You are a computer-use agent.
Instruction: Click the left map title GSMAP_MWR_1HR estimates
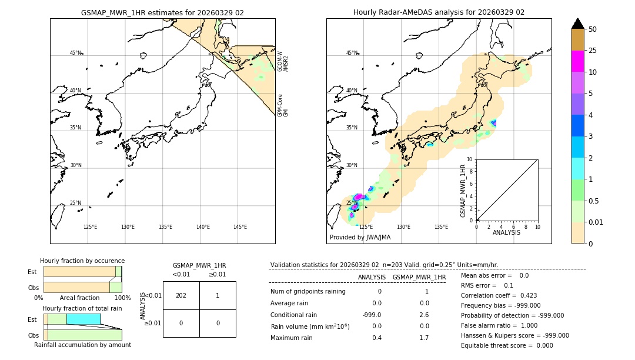tap(162, 12)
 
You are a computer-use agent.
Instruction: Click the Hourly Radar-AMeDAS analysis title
tap(439, 12)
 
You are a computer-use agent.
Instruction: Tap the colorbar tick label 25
tap(593, 51)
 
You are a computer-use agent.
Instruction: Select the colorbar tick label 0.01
tap(597, 222)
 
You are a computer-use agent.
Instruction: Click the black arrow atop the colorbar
tap(578, 24)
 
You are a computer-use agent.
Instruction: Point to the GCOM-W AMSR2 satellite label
tap(283, 61)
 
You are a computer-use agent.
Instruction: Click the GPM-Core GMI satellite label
tap(283, 105)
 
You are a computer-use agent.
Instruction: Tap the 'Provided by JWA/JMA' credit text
tap(360, 238)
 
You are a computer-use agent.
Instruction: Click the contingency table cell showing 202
tap(181, 295)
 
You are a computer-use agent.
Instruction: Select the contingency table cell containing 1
tap(218, 295)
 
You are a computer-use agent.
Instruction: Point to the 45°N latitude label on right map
tap(352, 53)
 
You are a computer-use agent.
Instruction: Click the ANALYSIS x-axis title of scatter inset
tap(506, 232)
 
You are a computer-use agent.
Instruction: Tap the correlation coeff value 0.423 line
tap(499, 295)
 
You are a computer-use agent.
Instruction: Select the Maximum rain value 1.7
tap(423, 338)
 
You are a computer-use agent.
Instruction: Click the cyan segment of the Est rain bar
tap(83, 319)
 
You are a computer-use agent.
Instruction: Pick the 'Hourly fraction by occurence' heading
tap(82, 261)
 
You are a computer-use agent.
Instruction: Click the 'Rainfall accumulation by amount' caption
tap(82, 345)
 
